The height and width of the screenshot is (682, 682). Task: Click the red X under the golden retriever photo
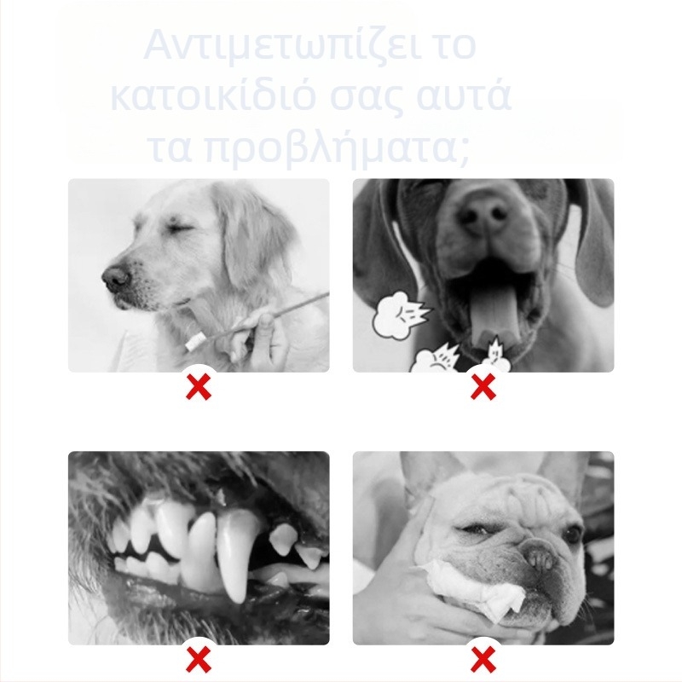(x=199, y=387)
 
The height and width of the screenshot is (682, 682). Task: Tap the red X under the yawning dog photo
(x=483, y=387)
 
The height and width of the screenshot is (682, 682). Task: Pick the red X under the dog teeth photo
(x=199, y=659)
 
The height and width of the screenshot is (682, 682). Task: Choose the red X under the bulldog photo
(x=483, y=659)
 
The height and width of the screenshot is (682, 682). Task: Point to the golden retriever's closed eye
(x=182, y=229)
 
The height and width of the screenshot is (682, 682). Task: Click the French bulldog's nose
(x=539, y=558)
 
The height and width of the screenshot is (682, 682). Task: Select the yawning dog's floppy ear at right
(x=596, y=244)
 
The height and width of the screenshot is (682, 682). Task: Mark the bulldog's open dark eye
(x=573, y=533)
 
